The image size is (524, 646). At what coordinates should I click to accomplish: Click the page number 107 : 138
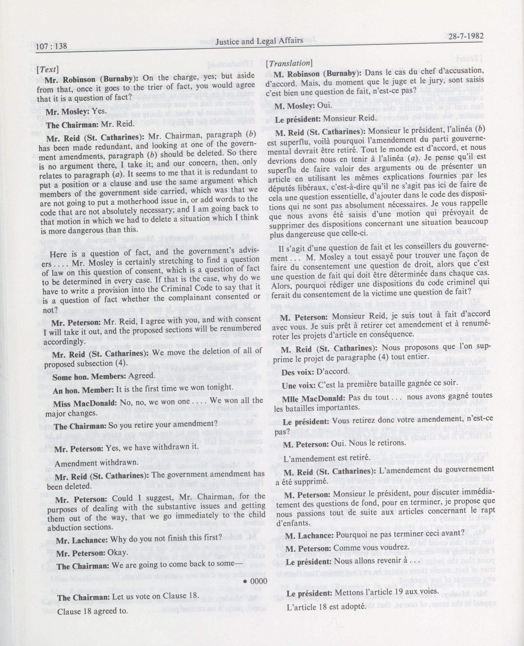[51, 46]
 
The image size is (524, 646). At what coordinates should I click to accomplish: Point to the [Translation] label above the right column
[288, 63]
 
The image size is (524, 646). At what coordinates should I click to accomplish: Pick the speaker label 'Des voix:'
[296, 372]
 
